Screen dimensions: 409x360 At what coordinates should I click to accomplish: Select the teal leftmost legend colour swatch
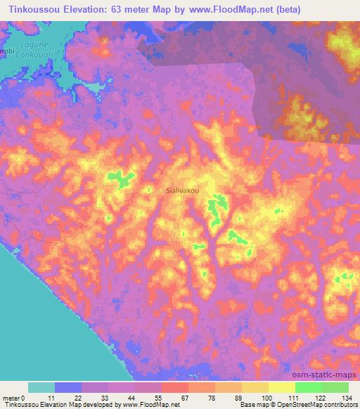click(41, 387)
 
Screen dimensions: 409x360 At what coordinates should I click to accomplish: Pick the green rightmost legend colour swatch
click(335, 387)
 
